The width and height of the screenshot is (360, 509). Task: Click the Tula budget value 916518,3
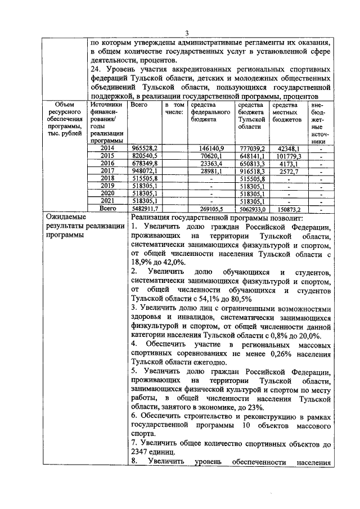251,170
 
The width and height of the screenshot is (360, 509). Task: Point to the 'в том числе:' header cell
174,109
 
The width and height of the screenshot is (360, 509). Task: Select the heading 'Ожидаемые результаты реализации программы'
84,227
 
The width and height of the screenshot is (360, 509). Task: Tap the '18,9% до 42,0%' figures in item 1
157,263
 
